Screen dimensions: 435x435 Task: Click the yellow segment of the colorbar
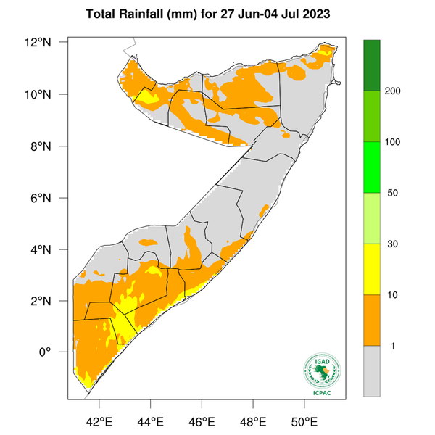pyautogui.click(x=372, y=269)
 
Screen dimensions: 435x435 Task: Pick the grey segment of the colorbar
pyautogui.click(x=372, y=370)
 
